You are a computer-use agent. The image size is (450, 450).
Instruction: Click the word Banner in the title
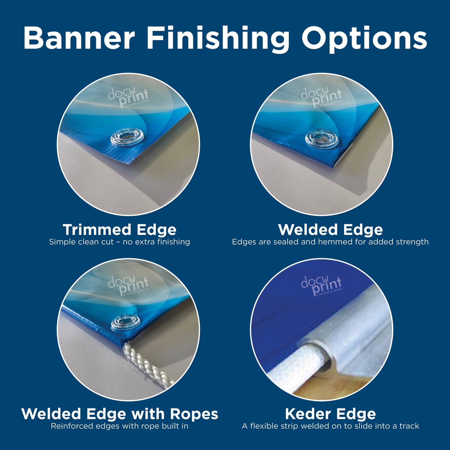[x=79, y=38]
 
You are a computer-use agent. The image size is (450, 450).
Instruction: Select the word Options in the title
[x=364, y=38]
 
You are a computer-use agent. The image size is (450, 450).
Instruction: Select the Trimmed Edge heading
[x=119, y=230]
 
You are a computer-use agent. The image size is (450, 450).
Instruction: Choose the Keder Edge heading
[x=330, y=414]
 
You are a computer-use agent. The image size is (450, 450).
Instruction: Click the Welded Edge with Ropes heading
[x=119, y=414]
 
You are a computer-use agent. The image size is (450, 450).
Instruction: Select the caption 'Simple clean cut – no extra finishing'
[x=119, y=242]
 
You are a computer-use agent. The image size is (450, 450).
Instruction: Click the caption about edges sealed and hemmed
[x=330, y=242]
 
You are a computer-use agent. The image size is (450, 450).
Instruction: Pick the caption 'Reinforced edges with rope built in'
[x=119, y=426]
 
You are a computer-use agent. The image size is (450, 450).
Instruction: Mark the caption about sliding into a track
[x=330, y=426]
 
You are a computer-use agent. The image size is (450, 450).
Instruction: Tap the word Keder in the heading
[x=306, y=414]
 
